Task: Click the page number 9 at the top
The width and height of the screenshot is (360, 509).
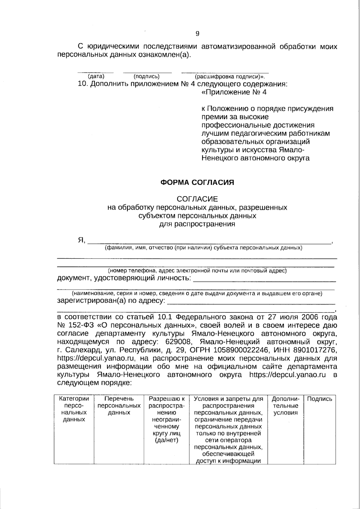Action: click(197, 34)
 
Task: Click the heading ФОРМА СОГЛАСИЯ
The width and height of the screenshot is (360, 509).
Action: click(197, 182)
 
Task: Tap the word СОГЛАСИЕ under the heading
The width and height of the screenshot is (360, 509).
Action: click(197, 199)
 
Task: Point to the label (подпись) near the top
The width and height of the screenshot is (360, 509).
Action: click(146, 76)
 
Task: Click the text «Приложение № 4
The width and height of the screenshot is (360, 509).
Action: click(234, 92)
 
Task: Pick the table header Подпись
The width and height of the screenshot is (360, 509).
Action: click(320, 399)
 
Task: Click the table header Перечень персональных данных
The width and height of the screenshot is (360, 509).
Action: click(119, 406)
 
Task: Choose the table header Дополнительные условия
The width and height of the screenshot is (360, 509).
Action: click(285, 406)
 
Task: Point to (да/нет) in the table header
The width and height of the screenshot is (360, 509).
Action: click(166, 440)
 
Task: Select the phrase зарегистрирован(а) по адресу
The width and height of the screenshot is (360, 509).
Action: click(111, 301)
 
